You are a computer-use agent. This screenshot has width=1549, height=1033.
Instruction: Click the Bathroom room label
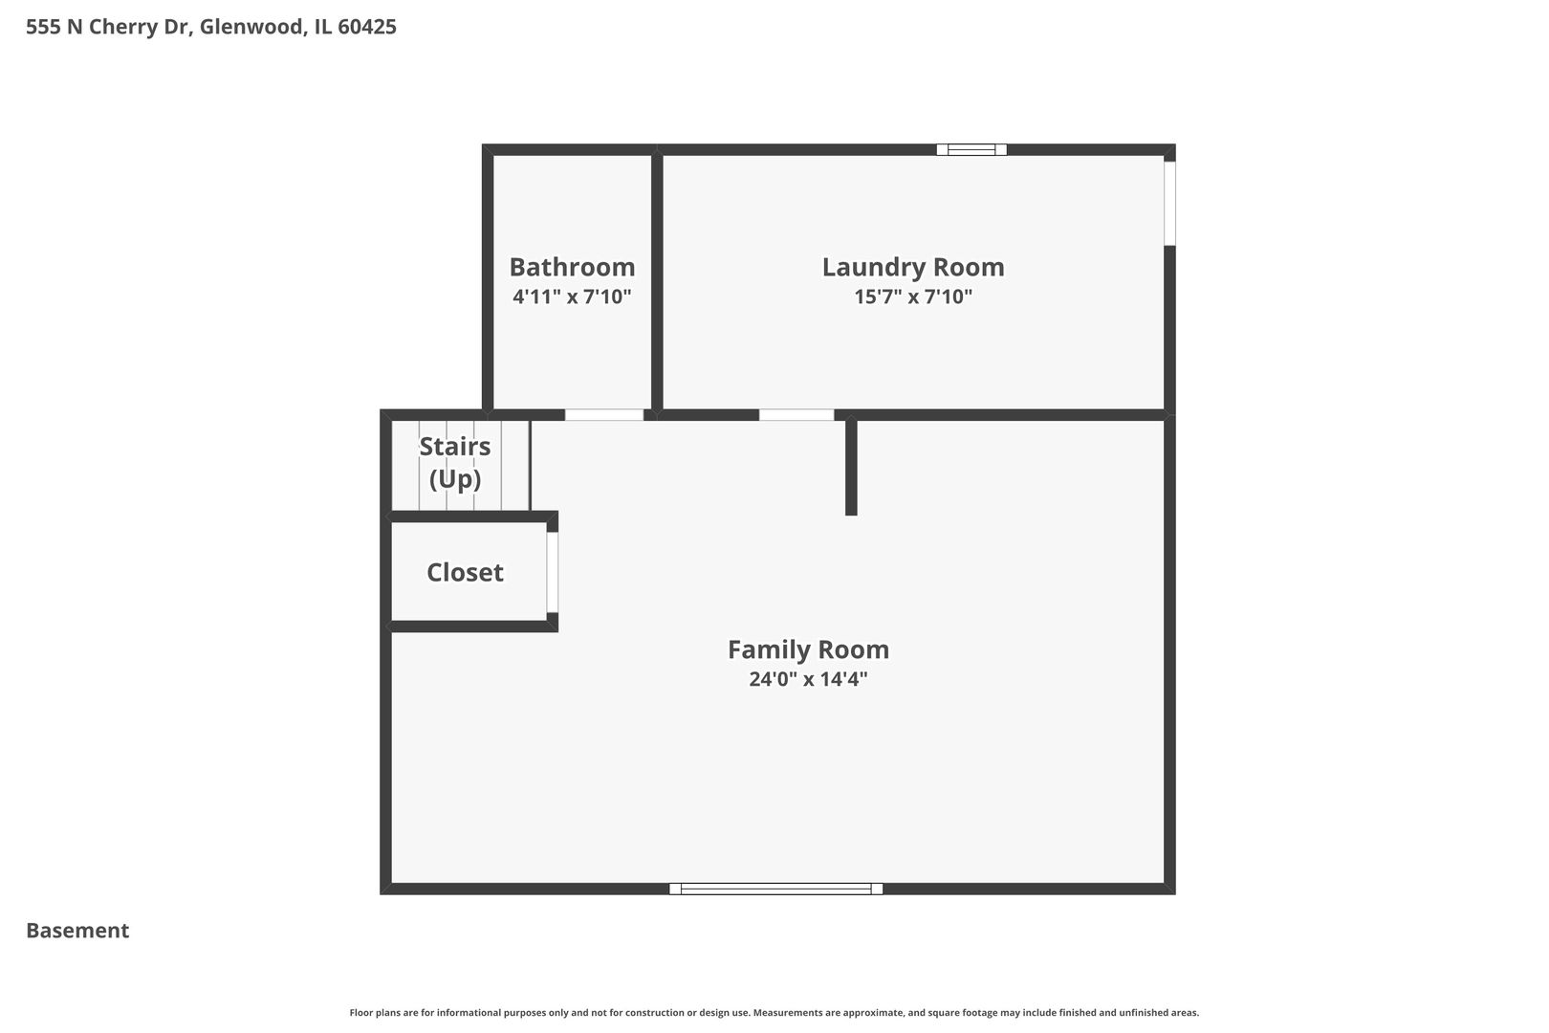(x=572, y=267)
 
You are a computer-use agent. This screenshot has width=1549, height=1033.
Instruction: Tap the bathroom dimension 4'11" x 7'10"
(x=572, y=297)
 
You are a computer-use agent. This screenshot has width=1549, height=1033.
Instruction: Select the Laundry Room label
(x=913, y=267)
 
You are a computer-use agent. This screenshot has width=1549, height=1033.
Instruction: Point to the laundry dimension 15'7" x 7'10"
(x=913, y=297)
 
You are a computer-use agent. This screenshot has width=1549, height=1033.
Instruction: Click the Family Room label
(x=808, y=649)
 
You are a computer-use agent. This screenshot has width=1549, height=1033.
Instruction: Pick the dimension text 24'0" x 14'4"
(x=808, y=679)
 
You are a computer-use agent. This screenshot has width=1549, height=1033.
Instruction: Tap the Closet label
(x=465, y=572)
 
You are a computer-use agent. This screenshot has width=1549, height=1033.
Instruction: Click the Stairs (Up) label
(x=455, y=462)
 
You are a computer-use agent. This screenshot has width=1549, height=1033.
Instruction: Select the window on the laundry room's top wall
(x=971, y=149)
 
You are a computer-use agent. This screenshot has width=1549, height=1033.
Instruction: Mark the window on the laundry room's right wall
(x=1169, y=203)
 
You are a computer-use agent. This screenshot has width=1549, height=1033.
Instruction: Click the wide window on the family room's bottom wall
(x=775, y=889)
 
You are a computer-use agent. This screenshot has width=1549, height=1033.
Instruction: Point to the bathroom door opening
(x=604, y=415)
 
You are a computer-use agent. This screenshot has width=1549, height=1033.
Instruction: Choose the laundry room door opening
(x=796, y=415)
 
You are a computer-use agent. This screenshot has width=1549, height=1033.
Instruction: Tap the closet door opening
(x=553, y=572)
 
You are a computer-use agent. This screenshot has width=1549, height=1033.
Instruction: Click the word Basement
(x=77, y=931)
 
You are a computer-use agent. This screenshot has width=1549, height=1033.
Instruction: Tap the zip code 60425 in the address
(x=367, y=27)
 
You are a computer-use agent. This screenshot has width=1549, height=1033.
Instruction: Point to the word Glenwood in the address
(x=251, y=27)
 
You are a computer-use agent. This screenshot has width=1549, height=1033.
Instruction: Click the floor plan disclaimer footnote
(x=774, y=1012)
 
